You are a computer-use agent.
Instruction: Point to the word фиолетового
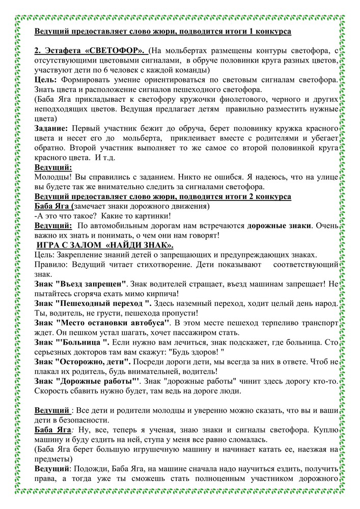[239, 100]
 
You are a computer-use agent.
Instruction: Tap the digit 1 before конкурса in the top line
[261, 31]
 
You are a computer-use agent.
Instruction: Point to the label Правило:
[54, 265]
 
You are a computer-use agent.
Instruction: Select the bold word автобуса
[146, 323]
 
